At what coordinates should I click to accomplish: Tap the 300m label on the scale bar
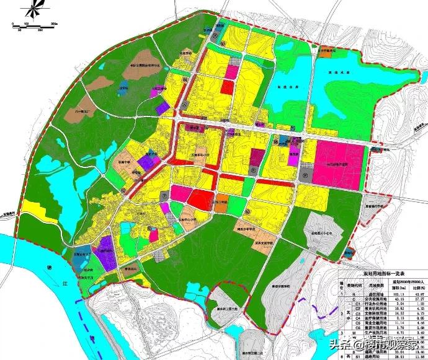pos(53,23)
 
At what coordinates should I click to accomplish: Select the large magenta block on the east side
pos(338,164)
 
